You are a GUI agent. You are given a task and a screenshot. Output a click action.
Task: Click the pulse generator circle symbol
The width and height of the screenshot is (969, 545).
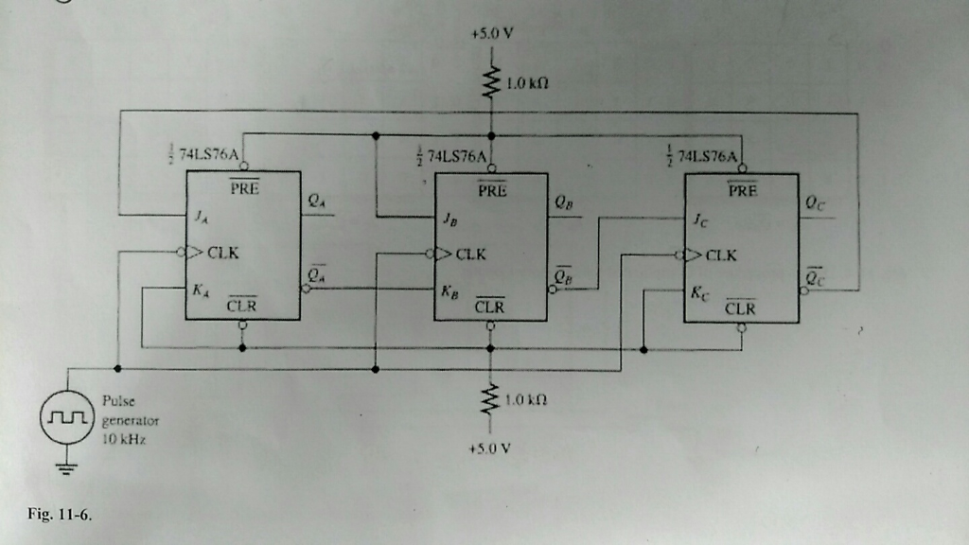tap(64, 417)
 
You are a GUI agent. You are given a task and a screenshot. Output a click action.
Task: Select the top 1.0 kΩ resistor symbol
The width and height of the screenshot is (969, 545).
tap(490, 82)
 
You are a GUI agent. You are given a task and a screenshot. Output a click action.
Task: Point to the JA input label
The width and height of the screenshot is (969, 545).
tap(202, 217)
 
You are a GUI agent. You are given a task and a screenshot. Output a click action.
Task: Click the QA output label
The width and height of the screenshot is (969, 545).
tap(315, 202)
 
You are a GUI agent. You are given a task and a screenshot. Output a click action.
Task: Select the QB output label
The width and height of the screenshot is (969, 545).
tap(564, 202)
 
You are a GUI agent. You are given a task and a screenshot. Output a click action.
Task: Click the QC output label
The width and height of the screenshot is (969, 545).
tap(813, 202)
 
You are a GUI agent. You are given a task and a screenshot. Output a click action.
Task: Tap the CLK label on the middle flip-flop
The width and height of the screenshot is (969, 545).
tap(471, 255)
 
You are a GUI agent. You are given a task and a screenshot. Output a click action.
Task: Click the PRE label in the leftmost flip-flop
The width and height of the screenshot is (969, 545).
tap(243, 187)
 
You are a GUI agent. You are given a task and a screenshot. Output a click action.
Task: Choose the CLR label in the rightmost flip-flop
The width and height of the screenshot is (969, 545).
tap(740, 308)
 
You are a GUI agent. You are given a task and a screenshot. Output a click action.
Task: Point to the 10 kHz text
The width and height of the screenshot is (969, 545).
tap(119, 440)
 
